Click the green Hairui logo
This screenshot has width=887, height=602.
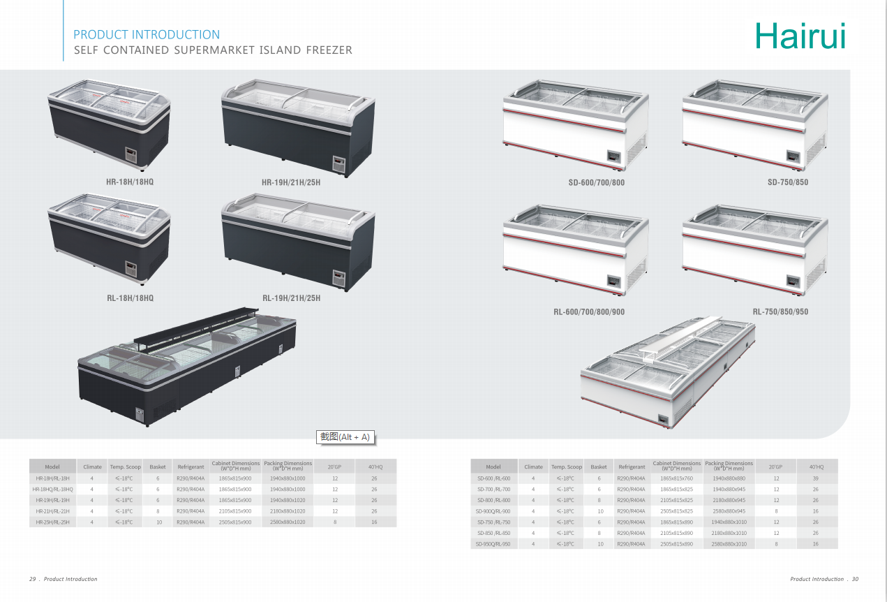(800, 36)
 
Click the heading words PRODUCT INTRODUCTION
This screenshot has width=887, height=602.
(147, 35)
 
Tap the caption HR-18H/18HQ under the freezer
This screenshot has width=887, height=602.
(130, 182)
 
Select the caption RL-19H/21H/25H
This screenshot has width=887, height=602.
(291, 298)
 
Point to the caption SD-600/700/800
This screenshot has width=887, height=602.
(596, 183)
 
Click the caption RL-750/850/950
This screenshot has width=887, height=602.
(780, 311)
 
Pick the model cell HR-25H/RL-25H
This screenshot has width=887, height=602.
(52, 522)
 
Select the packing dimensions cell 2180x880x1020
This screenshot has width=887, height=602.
(288, 511)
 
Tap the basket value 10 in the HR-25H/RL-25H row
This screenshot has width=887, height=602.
(158, 522)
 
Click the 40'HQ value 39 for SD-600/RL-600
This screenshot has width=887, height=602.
(815, 478)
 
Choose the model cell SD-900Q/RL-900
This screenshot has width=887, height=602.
(494, 511)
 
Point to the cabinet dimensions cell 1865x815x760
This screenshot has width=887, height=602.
(677, 478)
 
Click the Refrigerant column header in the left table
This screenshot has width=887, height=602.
(191, 467)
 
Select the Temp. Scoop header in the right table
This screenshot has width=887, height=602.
(567, 467)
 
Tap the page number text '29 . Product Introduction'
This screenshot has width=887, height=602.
(64, 579)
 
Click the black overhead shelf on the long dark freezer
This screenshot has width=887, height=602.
(209, 328)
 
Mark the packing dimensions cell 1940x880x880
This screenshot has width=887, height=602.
(729, 478)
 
